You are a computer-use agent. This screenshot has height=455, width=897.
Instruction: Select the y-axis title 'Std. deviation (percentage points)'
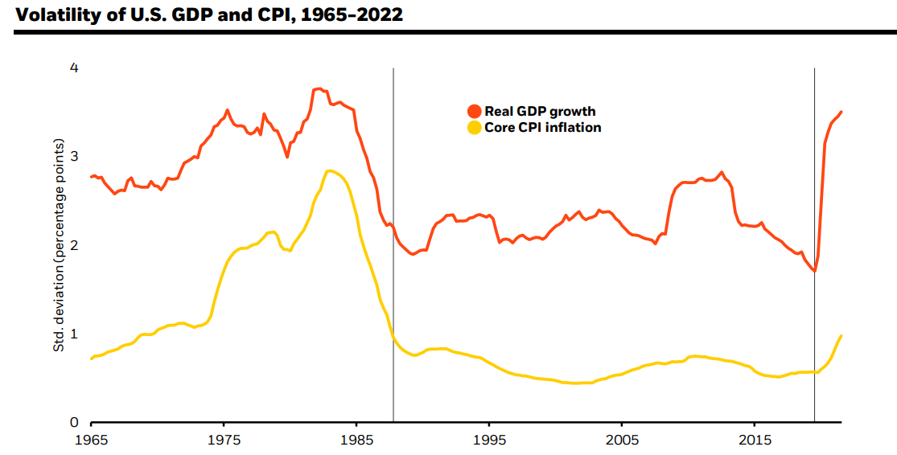click(59, 246)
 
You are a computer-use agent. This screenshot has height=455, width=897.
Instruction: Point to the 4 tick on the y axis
click(74, 68)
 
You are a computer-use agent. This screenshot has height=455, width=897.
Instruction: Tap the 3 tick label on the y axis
click(74, 157)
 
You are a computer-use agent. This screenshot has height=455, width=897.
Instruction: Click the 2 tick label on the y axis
click(74, 245)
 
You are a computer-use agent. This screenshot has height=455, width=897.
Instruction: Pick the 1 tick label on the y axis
click(74, 334)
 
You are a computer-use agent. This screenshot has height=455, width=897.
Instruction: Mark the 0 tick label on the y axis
click(74, 422)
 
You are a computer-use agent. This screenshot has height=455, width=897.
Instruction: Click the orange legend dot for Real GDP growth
click(474, 111)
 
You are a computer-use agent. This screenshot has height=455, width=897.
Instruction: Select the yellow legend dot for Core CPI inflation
click(474, 127)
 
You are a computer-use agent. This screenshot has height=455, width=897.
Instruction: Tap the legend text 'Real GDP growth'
click(540, 111)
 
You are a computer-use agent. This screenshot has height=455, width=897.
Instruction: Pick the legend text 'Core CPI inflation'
click(542, 127)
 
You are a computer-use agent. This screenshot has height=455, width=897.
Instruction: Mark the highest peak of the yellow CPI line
click(329, 170)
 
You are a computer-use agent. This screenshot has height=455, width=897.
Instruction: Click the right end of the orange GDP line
click(841, 112)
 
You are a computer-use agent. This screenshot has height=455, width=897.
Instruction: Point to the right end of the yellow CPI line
click(841, 335)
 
